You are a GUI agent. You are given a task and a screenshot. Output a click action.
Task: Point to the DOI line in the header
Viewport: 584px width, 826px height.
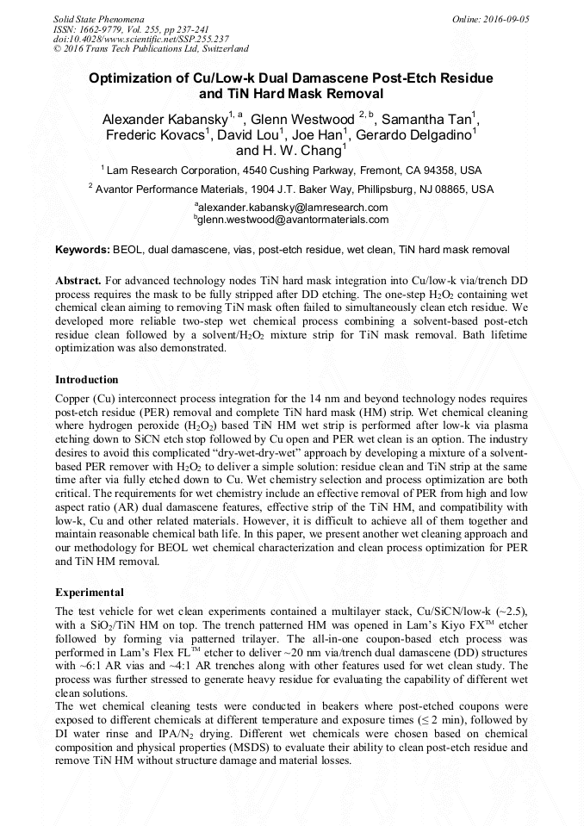click(141, 39)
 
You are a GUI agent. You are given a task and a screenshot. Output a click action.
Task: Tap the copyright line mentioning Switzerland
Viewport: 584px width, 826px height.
click(151, 49)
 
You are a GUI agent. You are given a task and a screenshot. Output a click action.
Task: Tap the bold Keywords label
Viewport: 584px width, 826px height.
click(83, 250)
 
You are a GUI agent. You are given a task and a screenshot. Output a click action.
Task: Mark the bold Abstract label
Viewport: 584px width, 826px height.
click(78, 281)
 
